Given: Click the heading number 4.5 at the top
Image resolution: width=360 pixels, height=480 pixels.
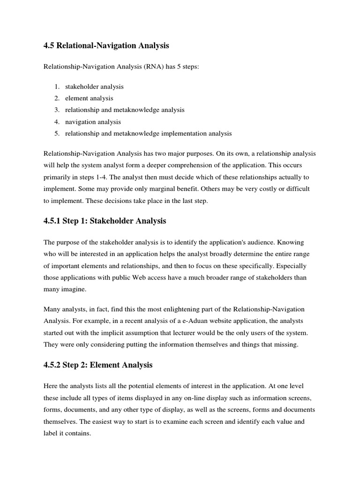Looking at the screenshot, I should (x=49, y=46).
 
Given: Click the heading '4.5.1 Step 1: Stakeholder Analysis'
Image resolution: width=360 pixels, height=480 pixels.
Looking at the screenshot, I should (x=105, y=221).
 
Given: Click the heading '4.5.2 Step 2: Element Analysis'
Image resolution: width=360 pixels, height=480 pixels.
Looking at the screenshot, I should (x=98, y=364).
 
